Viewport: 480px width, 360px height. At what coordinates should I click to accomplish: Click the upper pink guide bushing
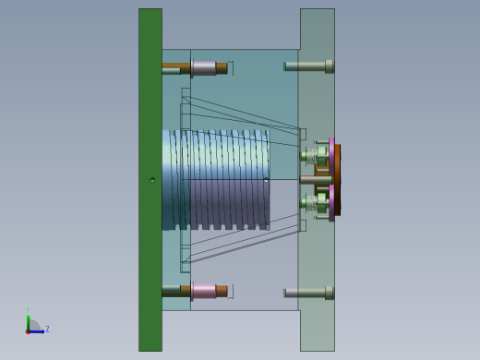(x=203, y=67)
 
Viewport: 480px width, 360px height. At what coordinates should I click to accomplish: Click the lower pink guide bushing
(x=203, y=291)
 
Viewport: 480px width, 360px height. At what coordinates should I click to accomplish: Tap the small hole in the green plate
(x=152, y=180)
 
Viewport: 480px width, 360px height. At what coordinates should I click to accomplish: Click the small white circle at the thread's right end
(x=266, y=180)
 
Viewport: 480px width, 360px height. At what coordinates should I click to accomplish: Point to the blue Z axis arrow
(x=38, y=330)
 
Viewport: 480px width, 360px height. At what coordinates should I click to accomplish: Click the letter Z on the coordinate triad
(x=47, y=329)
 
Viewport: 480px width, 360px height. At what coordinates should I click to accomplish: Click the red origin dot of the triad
(x=28, y=330)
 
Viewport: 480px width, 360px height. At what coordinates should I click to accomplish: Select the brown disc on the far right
(x=338, y=180)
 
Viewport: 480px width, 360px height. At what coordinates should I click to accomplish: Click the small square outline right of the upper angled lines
(x=303, y=134)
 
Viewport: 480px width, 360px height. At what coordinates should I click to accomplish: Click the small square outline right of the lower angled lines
(x=303, y=224)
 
